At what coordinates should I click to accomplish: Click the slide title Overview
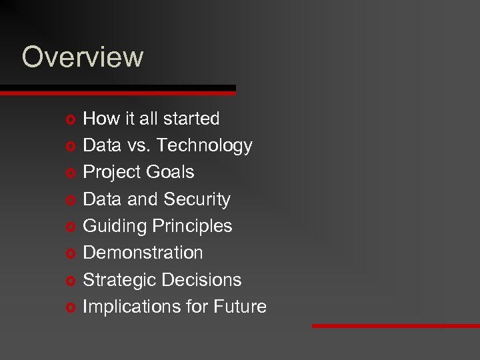point(82,57)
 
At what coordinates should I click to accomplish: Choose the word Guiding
point(114,227)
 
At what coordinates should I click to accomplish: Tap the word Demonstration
point(143,253)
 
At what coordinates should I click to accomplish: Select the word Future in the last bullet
point(240,307)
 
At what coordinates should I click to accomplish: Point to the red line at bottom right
point(396,326)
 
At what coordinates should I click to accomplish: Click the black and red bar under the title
point(117,90)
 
